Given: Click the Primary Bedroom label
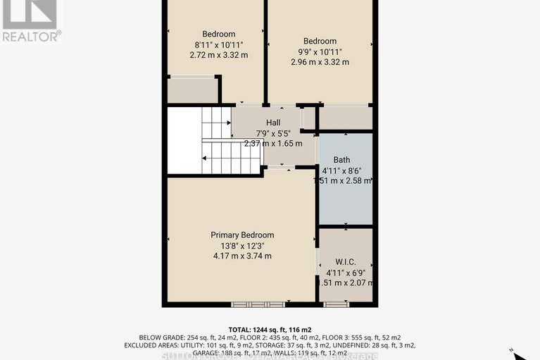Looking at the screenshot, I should click(242, 235).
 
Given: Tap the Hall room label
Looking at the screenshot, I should click(273, 122).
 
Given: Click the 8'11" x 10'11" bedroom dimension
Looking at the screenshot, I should click(219, 44).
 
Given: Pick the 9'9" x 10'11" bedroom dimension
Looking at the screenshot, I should click(320, 51).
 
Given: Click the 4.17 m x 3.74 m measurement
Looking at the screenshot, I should click(242, 256).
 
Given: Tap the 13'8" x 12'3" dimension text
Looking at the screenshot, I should click(242, 245).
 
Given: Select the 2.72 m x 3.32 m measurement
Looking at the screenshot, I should click(219, 55).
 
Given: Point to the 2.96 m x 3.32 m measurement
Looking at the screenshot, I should click(320, 62).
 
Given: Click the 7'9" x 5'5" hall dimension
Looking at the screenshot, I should click(273, 132).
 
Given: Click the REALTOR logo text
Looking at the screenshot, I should click(31, 35).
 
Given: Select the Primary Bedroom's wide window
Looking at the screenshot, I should click(259, 304).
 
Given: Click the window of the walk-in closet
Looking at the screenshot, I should click(335, 304).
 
